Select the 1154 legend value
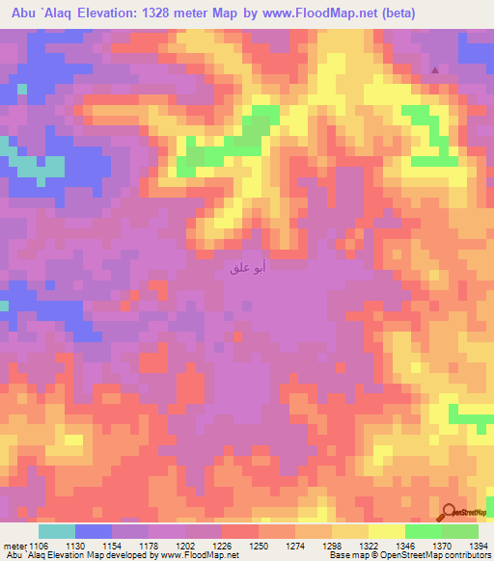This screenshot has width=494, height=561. tap(114, 546)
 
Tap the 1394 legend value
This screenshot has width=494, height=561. tap(477, 546)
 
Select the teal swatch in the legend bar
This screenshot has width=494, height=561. tap(57, 531)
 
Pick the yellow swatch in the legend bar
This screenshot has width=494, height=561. tap(387, 531)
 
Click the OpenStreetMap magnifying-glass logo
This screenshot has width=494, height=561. tap(448, 513)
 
